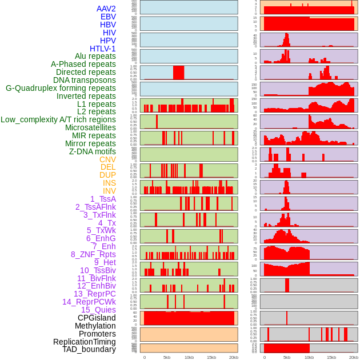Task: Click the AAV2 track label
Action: (106, 9)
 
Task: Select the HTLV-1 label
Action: (103, 49)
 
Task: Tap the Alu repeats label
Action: (95, 56)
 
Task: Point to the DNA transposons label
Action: (85, 80)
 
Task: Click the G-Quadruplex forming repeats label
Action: (61, 88)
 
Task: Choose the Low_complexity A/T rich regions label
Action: (58, 119)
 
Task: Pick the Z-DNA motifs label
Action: (93, 151)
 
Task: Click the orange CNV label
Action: (107, 159)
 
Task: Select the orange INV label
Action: (109, 191)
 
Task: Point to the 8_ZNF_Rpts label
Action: (93, 254)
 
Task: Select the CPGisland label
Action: (97, 318)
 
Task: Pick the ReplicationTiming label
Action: (85, 342)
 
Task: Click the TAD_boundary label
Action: (89, 349)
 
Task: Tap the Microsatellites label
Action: (90, 127)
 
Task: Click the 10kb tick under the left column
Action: (189, 357)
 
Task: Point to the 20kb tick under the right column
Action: (354, 357)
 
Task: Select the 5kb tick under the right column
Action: (287, 357)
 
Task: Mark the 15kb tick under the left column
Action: (211, 357)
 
